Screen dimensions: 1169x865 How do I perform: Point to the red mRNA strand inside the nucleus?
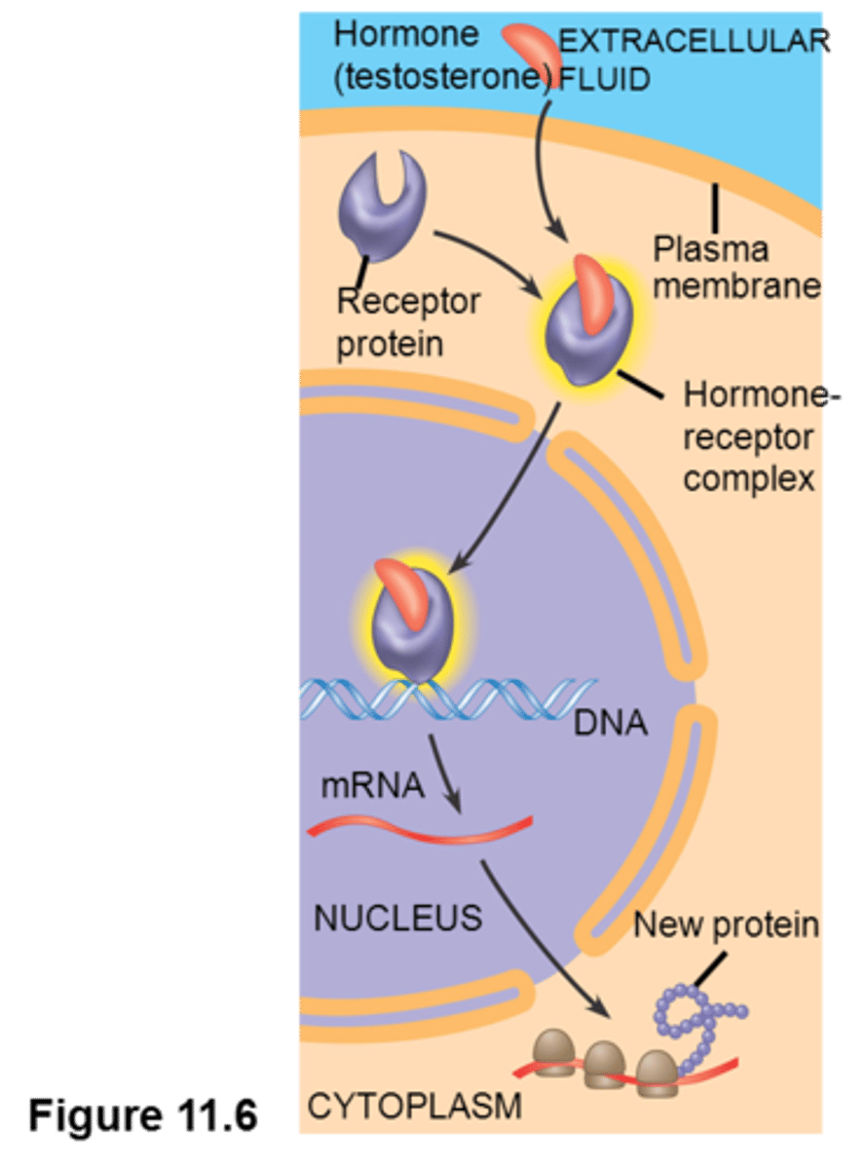[419, 828]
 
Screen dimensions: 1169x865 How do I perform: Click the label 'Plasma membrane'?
[736, 268]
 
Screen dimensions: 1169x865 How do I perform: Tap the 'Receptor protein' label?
[407, 322]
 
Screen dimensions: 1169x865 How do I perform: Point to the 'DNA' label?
[610, 723]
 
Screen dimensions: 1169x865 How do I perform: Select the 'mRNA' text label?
[372, 785]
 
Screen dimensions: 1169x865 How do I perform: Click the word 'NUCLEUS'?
[397, 918]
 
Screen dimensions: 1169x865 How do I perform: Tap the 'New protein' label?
[727, 924]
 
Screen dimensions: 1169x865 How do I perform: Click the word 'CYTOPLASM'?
[414, 1106]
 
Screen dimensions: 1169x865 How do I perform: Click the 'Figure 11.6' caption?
[142, 1114]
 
